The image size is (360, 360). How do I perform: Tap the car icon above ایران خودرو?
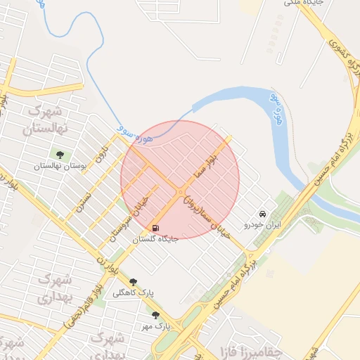tap(262, 213)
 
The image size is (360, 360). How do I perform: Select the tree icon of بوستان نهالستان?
tap(60, 155)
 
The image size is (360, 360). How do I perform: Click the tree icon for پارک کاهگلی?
tap(133, 281)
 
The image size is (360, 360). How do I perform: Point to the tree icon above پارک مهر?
tap(155, 316)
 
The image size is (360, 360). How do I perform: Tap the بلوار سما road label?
tap(207, 166)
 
